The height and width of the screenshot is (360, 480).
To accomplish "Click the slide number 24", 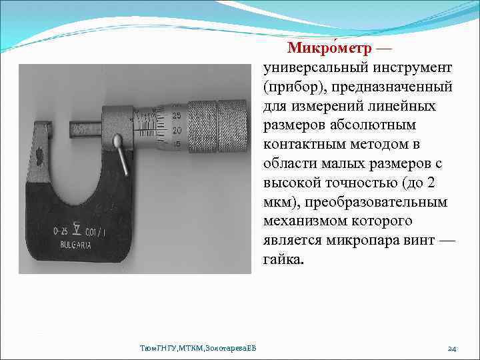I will [x=451, y=348].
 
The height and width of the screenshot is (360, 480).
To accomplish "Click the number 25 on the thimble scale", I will [x=177, y=115].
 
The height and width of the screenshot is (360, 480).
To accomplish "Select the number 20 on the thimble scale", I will [x=177, y=130].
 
